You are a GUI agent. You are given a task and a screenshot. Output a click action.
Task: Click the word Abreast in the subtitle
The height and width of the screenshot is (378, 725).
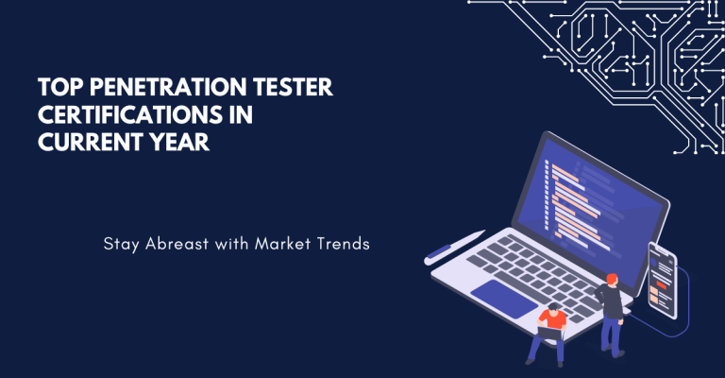click(182, 244)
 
